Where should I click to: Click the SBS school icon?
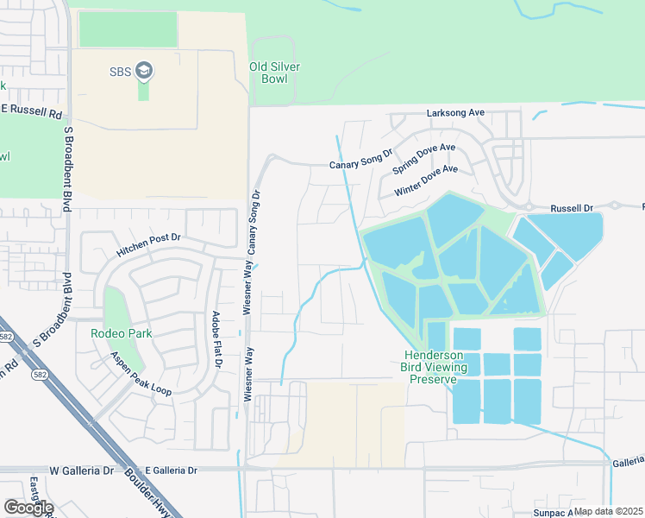click(x=144, y=71)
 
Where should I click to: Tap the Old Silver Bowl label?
click(x=268, y=73)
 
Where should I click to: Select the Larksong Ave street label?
click(x=455, y=113)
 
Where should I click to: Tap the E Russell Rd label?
click(x=33, y=111)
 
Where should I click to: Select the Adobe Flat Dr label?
click(x=216, y=340)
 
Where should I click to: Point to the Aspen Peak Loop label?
click(x=140, y=375)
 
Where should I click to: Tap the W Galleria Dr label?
click(x=82, y=471)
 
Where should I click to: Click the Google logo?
click(x=28, y=507)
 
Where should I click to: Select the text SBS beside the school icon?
click(x=120, y=71)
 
